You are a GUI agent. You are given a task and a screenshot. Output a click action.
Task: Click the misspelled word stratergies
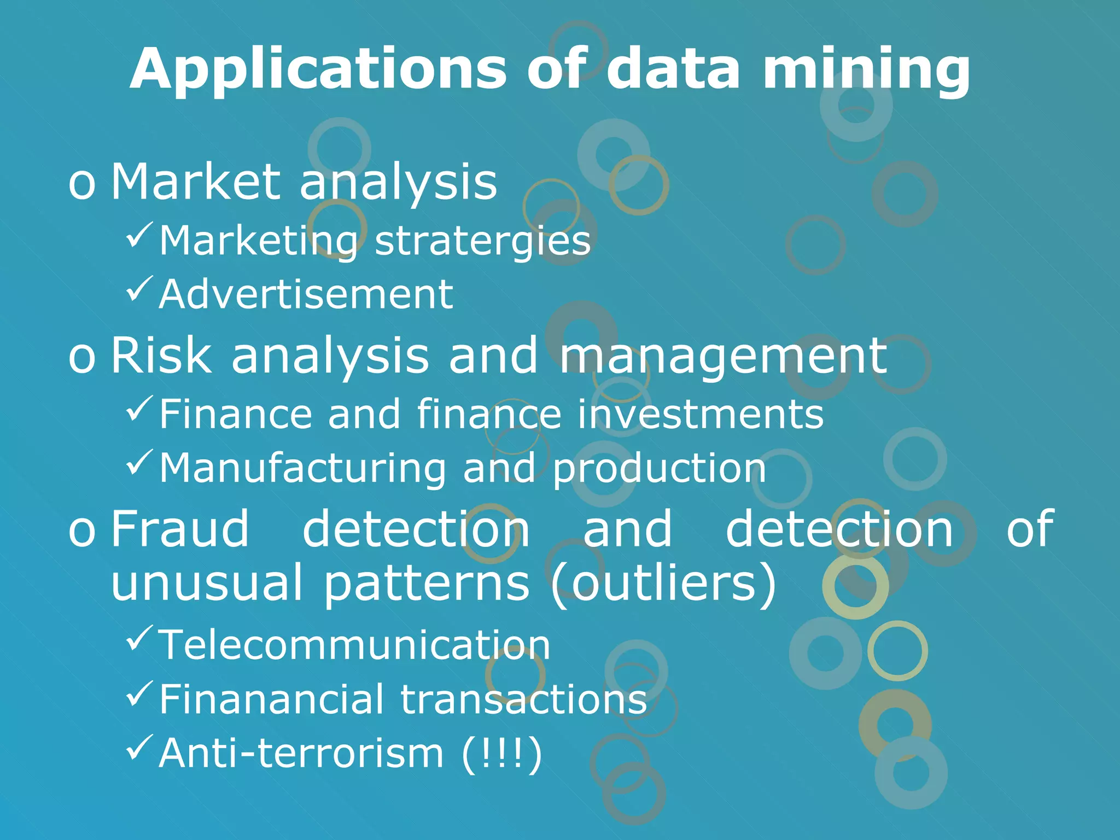pos(483,241)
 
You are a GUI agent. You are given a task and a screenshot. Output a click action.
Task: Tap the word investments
pos(701,414)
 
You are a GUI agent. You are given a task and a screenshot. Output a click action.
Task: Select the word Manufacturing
pos(303,469)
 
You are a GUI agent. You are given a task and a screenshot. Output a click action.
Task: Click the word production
pos(660,469)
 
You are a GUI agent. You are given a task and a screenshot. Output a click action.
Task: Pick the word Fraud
pos(180,528)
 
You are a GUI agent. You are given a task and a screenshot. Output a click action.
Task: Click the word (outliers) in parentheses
pos(663,583)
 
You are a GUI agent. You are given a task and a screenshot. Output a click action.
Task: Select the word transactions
pos(524,699)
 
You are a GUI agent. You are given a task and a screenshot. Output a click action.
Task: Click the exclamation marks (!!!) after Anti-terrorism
pos(502,754)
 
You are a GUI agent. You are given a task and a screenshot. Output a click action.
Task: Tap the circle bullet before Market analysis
pos(82,184)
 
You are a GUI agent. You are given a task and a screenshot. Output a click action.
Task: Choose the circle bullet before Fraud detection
pos(82,530)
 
